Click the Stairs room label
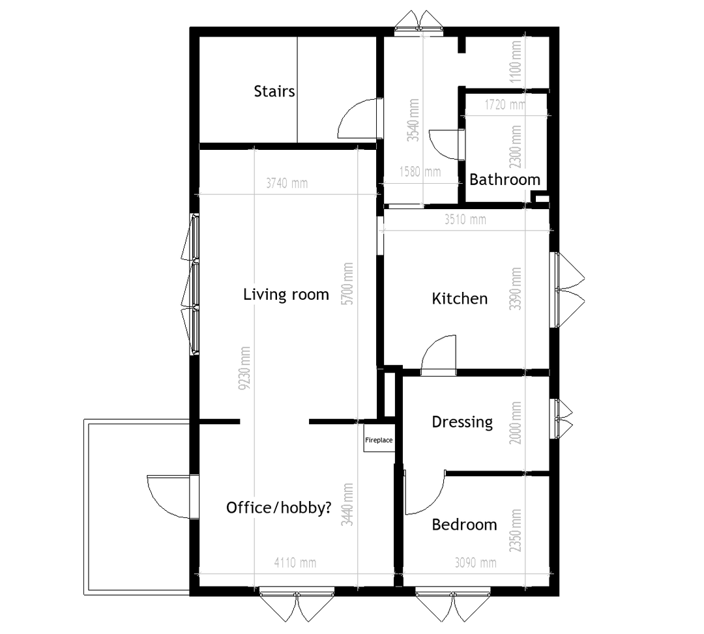[x=274, y=91]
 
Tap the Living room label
[x=286, y=295]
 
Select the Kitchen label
[x=460, y=298]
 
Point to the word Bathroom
[x=505, y=179]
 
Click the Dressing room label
[x=462, y=422]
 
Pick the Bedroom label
[x=464, y=525]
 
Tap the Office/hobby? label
[x=279, y=508]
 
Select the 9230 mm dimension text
[x=245, y=368]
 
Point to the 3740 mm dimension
[x=287, y=183]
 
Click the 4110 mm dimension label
[x=295, y=563]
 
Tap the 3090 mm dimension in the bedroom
[x=475, y=563]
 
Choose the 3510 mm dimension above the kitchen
[x=465, y=220]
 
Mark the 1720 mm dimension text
[x=505, y=104]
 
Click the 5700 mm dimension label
[x=347, y=284]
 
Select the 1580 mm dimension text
[x=420, y=171]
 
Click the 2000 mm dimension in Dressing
[x=516, y=423]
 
